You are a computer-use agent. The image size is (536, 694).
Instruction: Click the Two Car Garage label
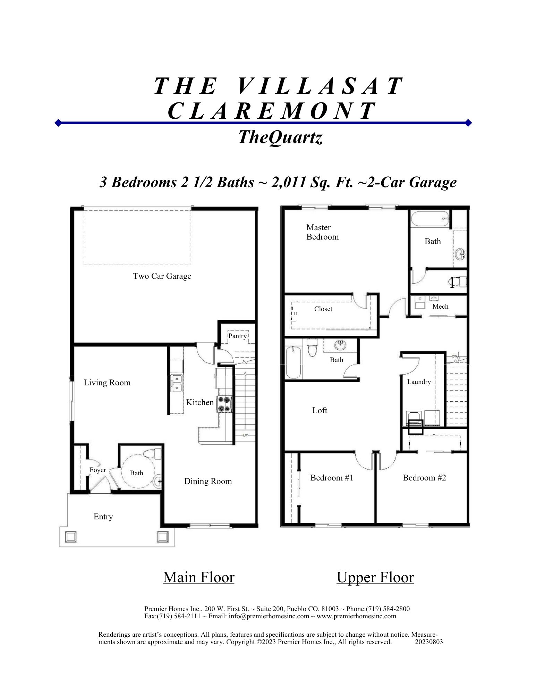[x=162, y=276]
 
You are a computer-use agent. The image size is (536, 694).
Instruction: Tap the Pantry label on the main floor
[x=237, y=336]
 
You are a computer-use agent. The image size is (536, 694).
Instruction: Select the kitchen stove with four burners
[x=224, y=404]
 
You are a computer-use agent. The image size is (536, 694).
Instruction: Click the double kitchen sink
[x=177, y=383]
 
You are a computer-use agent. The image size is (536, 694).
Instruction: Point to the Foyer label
[x=97, y=470]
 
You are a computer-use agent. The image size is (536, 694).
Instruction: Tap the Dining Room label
[x=208, y=481]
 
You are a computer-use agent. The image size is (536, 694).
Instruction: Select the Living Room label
[x=107, y=383]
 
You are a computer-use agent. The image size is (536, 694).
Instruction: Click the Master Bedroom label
[x=322, y=232]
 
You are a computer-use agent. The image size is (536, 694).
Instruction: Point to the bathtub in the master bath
[x=430, y=219]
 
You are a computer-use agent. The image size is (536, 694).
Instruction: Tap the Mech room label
[x=440, y=306]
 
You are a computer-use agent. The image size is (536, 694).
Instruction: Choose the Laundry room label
[x=419, y=382]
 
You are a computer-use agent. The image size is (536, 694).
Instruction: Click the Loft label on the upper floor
[x=320, y=410]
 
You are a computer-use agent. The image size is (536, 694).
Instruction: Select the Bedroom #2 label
[x=424, y=478]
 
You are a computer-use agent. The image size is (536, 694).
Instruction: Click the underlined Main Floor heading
[x=199, y=577]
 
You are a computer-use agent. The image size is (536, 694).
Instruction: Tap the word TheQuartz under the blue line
[x=280, y=137]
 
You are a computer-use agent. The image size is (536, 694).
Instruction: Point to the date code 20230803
[x=429, y=642]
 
